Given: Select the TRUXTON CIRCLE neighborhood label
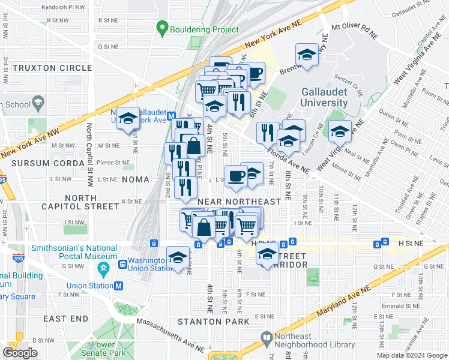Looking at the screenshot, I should tap(52, 68).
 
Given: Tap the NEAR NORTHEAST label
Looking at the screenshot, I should tap(239, 202).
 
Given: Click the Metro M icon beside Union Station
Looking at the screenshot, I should tap(119, 286).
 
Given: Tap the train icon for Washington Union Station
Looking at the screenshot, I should tap(123, 263).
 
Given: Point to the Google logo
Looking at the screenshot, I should tap(20, 353).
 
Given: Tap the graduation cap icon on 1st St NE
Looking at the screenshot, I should tap(128, 119).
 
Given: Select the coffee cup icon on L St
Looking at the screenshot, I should tap(235, 176).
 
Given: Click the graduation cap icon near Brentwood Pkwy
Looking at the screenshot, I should tap(307, 55).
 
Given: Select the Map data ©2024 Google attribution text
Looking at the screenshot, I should tap(412, 355).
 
